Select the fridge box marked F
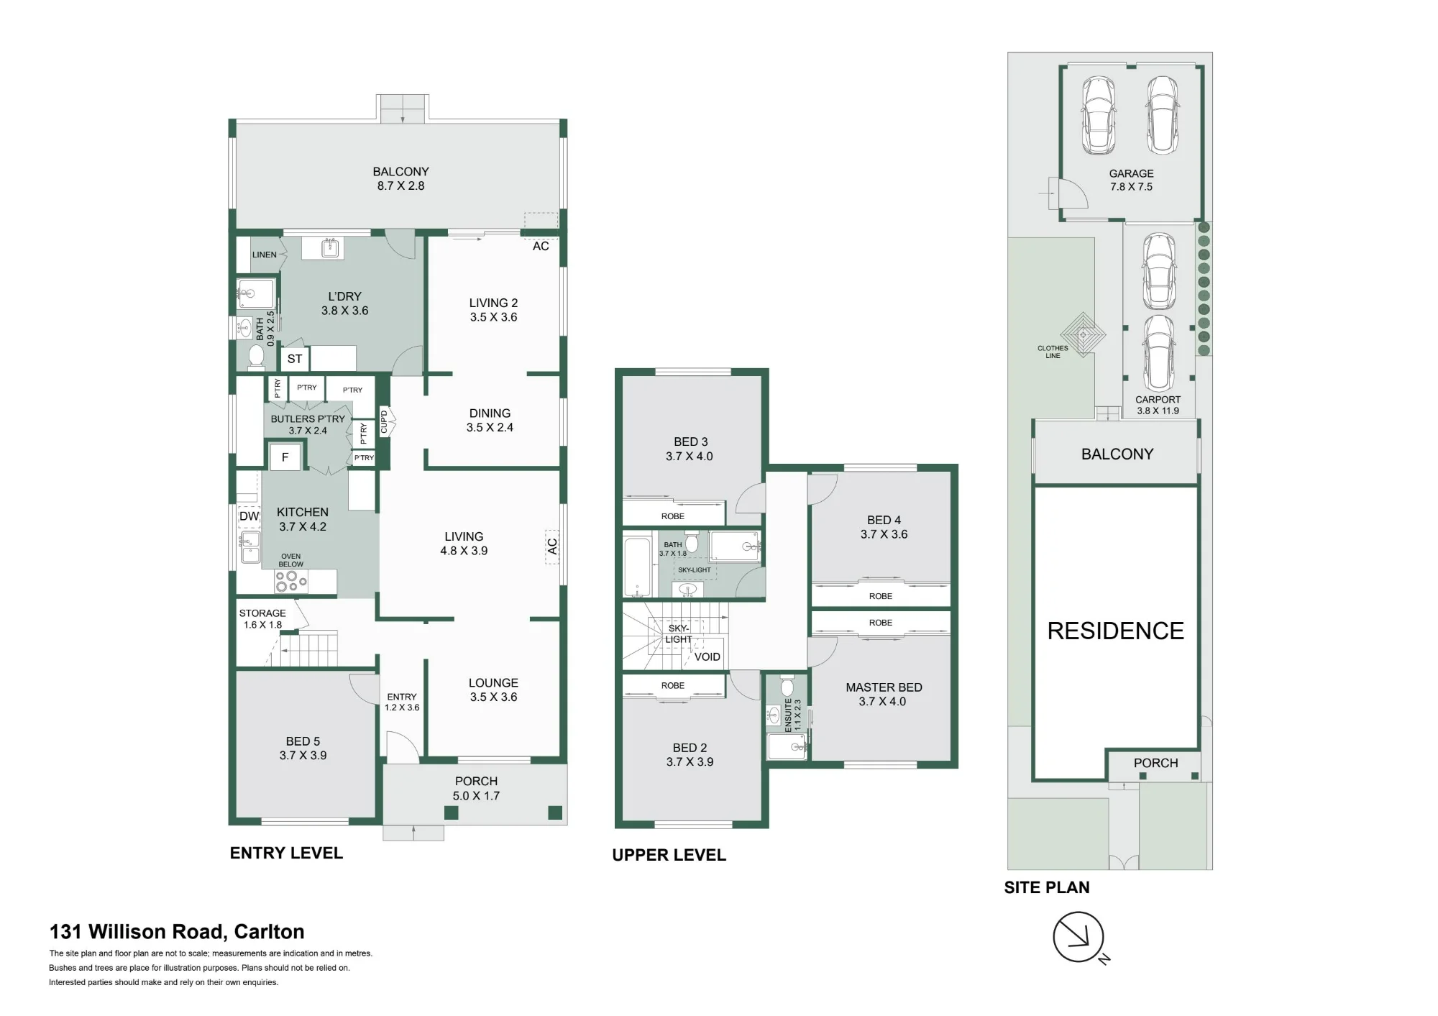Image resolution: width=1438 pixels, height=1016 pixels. pyautogui.click(x=285, y=457)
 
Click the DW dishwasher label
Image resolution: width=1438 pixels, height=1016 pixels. pyautogui.click(x=249, y=516)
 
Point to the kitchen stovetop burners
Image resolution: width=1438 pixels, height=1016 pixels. pyautogui.click(x=291, y=581)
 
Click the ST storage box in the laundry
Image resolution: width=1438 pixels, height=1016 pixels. pyautogui.click(x=295, y=359)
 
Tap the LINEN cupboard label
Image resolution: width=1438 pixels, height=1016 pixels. pyautogui.click(x=265, y=255)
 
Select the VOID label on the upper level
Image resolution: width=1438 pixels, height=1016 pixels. pyautogui.click(x=707, y=656)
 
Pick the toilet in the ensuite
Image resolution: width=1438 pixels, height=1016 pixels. pyautogui.click(x=787, y=687)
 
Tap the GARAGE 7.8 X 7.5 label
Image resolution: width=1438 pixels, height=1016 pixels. pyautogui.click(x=1131, y=180)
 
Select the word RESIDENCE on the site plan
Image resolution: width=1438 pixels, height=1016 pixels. pyautogui.click(x=1115, y=631)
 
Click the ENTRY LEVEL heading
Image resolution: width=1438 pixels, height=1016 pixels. pyautogui.click(x=286, y=853)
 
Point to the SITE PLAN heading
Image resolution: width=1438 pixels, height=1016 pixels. pyautogui.click(x=1047, y=887)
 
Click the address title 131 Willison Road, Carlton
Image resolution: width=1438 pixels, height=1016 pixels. pyautogui.click(x=177, y=932)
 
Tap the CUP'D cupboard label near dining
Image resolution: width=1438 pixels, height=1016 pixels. pyautogui.click(x=384, y=421)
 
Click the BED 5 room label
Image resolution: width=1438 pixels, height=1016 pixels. pyautogui.click(x=303, y=748)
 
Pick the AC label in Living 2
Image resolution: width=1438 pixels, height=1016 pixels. pyautogui.click(x=541, y=246)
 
